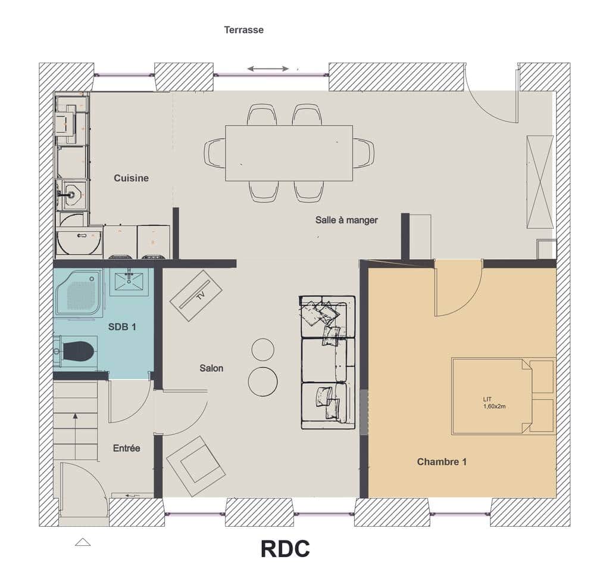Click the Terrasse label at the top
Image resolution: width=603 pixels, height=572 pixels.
243,29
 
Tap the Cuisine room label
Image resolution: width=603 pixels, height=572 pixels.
131,178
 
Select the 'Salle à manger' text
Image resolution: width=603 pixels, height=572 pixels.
346,220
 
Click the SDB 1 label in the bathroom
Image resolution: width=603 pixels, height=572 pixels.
123,327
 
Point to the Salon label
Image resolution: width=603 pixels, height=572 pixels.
211,368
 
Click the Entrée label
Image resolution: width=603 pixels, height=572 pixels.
126,448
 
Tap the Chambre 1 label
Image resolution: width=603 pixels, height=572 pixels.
441,462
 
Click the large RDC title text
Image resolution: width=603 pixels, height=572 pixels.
285,549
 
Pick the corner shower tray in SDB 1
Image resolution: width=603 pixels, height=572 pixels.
79,292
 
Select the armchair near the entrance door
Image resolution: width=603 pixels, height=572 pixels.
196,467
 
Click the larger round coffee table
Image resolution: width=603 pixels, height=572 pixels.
263,381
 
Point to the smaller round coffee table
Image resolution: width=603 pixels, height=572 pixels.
263,349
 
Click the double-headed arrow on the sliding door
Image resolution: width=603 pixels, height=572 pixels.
268,69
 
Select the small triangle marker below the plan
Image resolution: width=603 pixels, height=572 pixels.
83,542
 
